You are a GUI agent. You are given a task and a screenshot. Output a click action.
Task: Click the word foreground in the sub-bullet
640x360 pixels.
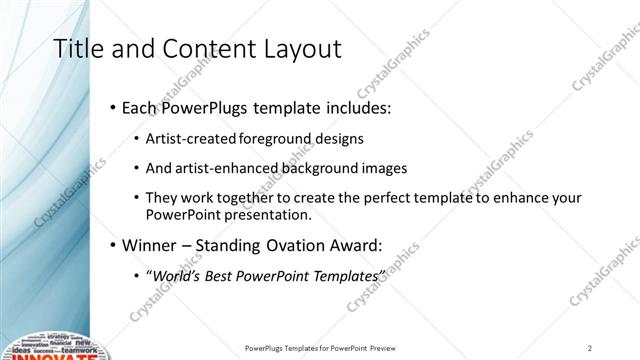pyautogui.click(x=277, y=139)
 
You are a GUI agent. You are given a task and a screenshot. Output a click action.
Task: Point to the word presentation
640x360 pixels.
pyautogui.click(x=270, y=215)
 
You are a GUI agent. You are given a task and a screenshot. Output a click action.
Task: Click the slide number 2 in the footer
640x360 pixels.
pyautogui.click(x=590, y=348)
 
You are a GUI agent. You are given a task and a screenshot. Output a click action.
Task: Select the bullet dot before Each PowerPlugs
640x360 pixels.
pyautogui.click(x=113, y=107)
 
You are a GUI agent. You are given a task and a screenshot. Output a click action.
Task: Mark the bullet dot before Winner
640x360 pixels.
pyautogui.click(x=113, y=244)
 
